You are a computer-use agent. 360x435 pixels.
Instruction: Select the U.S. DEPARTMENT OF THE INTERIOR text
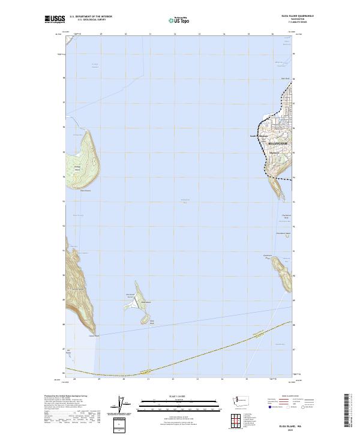pyautogui.click(x=91, y=16)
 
